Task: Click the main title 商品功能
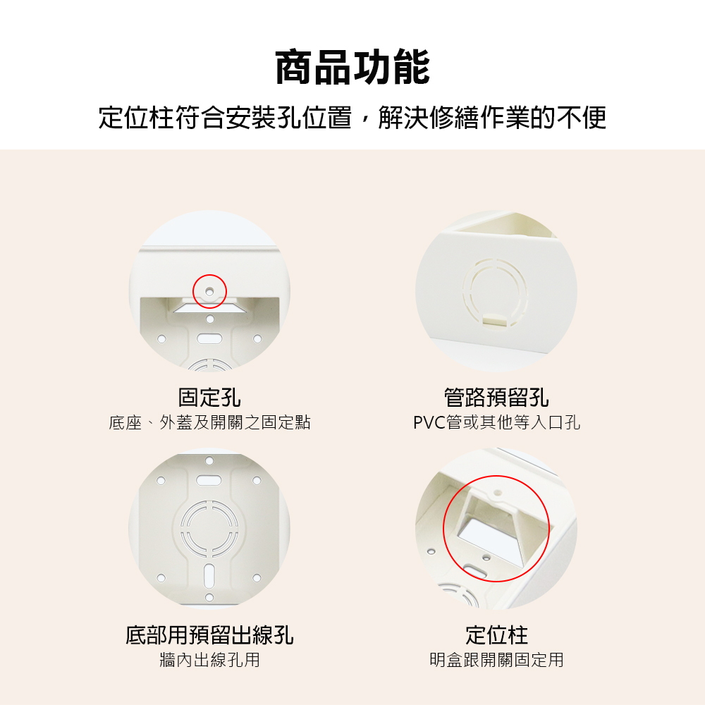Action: click(352, 68)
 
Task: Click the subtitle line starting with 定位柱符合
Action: click(352, 118)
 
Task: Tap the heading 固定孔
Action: click(209, 398)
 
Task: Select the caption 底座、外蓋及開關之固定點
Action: click(209, 422)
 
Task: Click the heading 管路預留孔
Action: click(496, 398)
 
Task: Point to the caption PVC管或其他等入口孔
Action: click(496, 422)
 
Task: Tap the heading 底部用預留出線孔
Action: click(209, 635)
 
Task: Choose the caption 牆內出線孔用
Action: click(209, 660)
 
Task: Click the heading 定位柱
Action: click(496, 635)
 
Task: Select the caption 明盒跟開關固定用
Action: click(496, 660)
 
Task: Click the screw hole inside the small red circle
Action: click(209, 292)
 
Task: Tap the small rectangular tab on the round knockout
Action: click(495, 319)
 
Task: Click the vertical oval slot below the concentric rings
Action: click(209, 575)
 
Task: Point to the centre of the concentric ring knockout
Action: click(209, 528)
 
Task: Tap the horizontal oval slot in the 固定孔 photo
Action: click(209, 338)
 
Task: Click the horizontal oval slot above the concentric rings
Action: click(209, 481)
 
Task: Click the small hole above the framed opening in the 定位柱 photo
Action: click(497, 493)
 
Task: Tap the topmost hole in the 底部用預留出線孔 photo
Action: click(209, 461)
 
